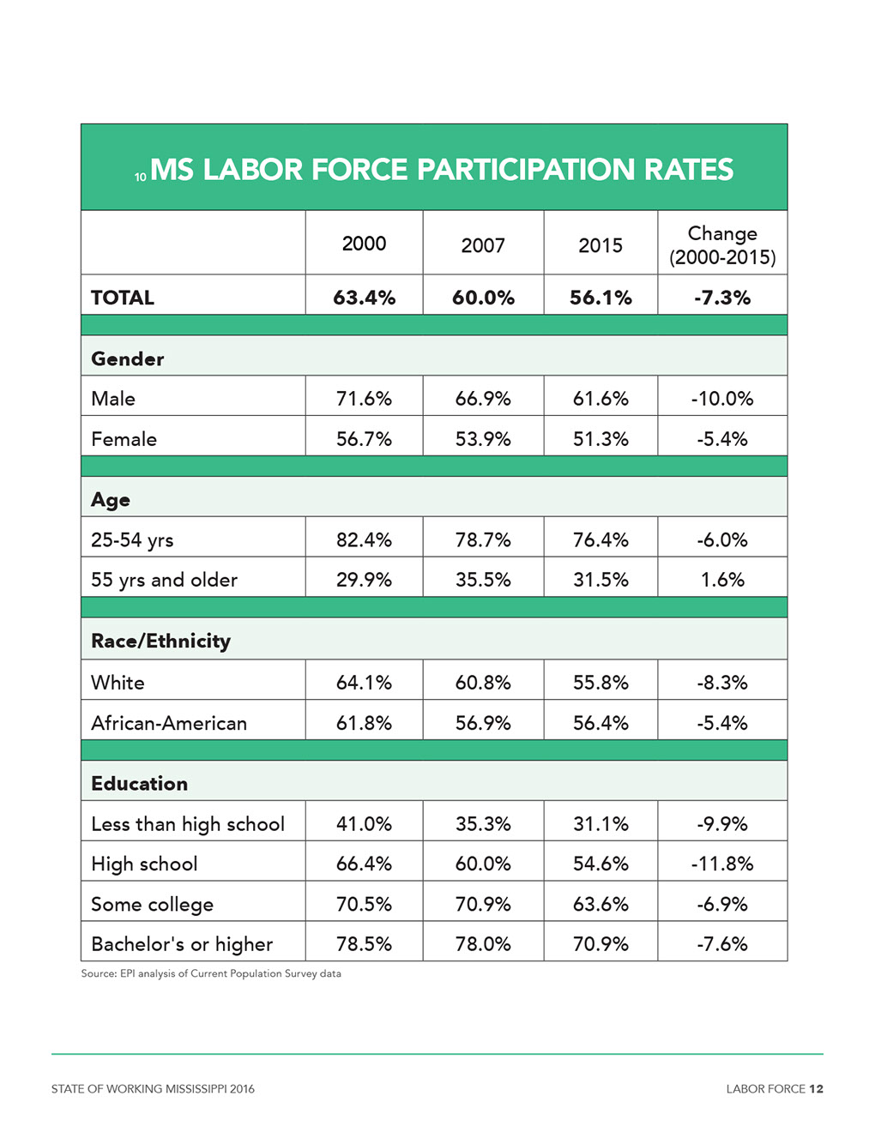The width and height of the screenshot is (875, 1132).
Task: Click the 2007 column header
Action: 483,245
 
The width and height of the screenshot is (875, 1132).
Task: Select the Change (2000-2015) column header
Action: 722,245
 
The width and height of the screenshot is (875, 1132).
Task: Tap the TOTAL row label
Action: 123,298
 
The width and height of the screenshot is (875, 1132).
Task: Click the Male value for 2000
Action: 364,399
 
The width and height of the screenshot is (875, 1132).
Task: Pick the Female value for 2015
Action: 600,439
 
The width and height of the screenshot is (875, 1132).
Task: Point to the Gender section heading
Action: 127,359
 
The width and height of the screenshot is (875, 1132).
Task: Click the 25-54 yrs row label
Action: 132,540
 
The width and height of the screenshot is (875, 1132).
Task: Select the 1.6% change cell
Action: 722,580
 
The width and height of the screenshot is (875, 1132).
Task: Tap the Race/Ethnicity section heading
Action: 160,641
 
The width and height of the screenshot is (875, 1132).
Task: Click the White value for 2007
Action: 483,683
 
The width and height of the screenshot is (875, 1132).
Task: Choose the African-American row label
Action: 169,723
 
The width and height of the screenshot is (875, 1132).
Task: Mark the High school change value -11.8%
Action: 722,864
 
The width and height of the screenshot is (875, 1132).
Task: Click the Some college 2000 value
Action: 364,904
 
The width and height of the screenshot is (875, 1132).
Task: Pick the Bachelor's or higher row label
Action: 182,944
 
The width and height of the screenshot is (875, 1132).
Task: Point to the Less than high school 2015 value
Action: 600,823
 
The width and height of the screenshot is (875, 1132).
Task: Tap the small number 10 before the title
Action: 140,178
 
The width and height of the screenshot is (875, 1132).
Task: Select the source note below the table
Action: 211,973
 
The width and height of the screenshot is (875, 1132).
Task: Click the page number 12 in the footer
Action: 816,1089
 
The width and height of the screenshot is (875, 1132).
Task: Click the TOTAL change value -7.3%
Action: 722,298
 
